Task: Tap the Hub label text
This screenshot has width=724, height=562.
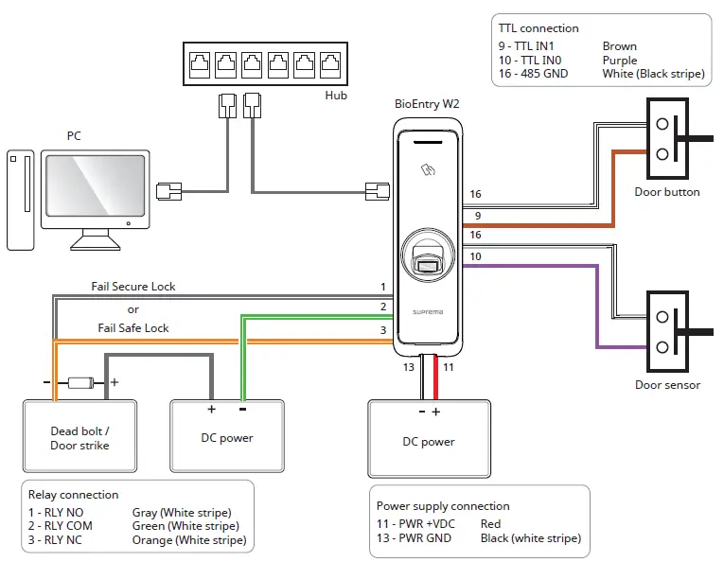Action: (336, 96)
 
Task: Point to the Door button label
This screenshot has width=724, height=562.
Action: (667, 192)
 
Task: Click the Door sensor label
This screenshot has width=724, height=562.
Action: (667, 385)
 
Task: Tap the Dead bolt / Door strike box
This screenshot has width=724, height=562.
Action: (79, 438)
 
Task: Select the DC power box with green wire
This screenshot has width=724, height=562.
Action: (227, 438)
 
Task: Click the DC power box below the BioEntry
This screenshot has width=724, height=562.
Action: (428, 442)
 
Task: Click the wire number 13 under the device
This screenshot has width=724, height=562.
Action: (408, 366)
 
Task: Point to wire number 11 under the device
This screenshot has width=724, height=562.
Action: (450, 366)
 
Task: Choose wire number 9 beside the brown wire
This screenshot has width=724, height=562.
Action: (475, 216)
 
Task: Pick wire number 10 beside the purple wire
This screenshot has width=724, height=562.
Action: (475, 257)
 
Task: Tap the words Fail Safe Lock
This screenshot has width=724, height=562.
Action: (133, 327)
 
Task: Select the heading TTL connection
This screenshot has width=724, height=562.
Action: (539, 28)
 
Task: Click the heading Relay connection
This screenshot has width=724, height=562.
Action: (74, 495)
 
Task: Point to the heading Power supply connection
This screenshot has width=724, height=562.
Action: (443, 506)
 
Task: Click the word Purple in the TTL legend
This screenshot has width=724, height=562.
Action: (620, 60)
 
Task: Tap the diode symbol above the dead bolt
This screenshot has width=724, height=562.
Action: (80, 383)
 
